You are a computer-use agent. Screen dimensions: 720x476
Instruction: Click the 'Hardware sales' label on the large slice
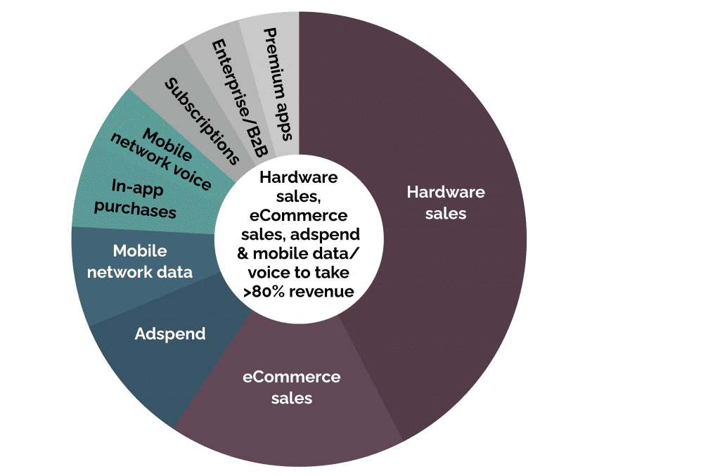[445, 202]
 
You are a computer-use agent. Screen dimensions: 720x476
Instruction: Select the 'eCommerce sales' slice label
[292, 387]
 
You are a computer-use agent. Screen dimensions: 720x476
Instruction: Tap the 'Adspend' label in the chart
[170, 335]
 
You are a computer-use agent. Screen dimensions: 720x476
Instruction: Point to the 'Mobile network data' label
[140, 261]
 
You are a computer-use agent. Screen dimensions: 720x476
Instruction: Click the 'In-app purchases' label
[136, 198]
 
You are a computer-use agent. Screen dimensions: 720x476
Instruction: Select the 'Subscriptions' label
[202, 121]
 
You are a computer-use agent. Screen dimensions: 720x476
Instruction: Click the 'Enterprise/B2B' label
[239, 98]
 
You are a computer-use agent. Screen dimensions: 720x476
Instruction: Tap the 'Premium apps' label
[278, 84]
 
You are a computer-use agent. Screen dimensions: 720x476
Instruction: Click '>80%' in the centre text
[264, 292]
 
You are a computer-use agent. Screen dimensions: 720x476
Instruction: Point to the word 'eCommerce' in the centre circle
[298, 215]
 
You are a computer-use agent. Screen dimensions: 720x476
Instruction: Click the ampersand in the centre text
[243, 253]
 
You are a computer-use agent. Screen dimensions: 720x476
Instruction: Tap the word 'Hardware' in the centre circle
[298, 177]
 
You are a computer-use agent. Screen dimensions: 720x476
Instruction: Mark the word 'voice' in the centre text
[269, 273]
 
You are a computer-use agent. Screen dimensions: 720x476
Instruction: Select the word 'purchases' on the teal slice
[135, 209]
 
